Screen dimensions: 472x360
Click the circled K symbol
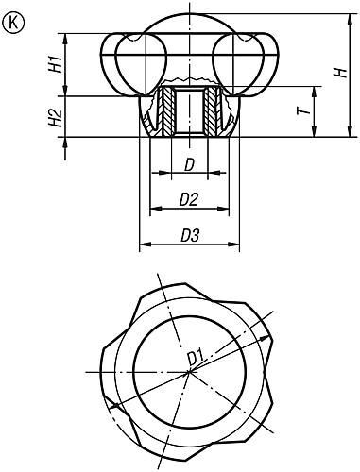pyautogui.click(x=14, y=23)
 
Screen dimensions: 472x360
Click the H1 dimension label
pyautogui.click(x=56, y=65)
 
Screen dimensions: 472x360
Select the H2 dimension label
pyautogui.click(x=56, y=118)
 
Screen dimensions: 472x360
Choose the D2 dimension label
pyautogui.click(x=188, y=200)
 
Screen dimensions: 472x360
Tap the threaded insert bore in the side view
pyautogui.click(x=191, y=110)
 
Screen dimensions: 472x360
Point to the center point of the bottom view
pyautogui.click(x=189, y=371)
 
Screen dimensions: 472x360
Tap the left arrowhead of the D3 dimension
pyautogui.click(x=143, y=246)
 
